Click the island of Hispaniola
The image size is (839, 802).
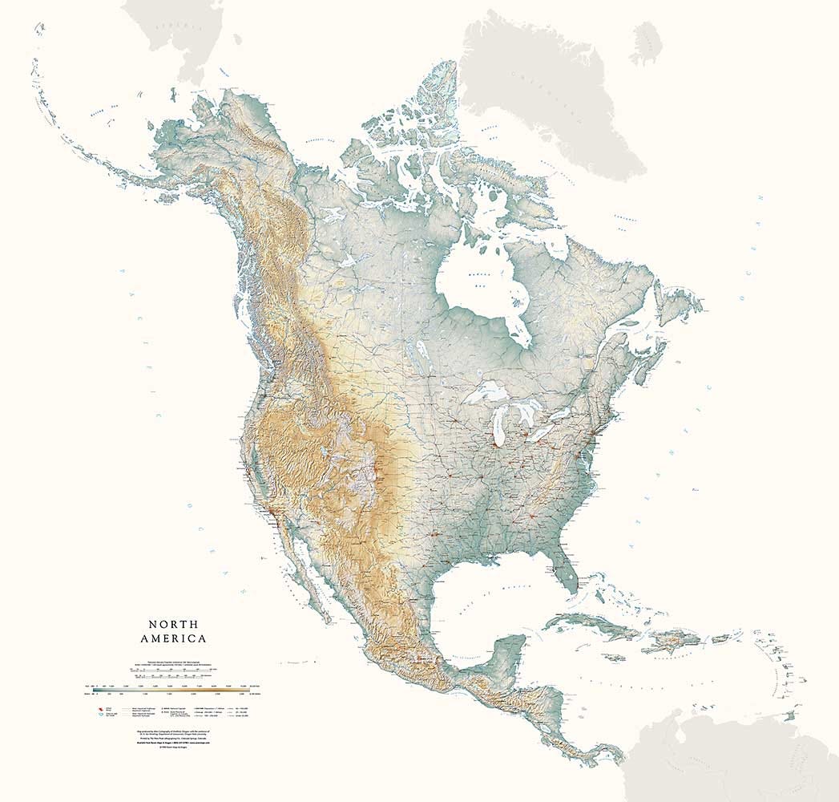(670, 642)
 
